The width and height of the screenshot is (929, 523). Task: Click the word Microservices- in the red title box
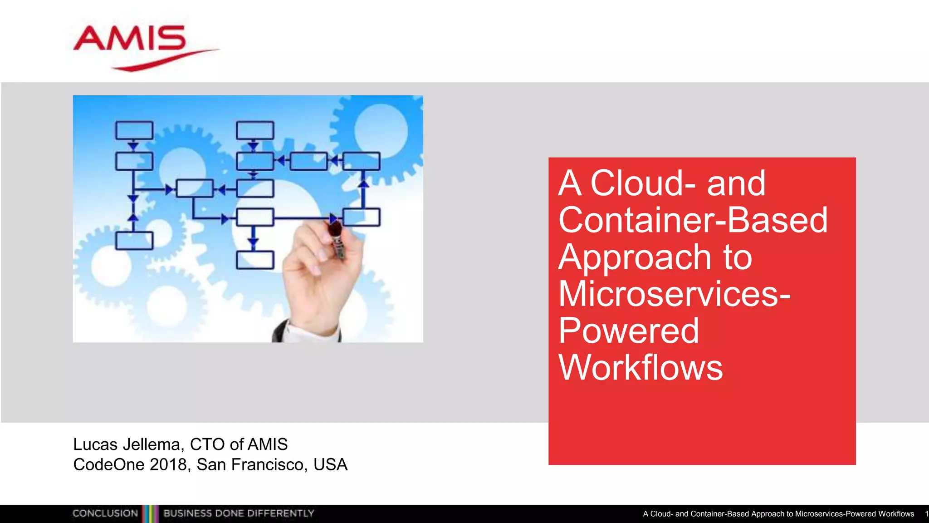tap(674, 294)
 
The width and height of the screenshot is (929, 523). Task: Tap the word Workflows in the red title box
tap(641, 368)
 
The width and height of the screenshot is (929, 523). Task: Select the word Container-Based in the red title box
tap(693, 220)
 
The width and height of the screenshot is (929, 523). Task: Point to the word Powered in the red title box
tap(629, 331)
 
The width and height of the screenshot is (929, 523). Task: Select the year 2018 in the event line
tap(168, 465)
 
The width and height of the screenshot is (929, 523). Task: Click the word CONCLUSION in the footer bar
tap(105, 513)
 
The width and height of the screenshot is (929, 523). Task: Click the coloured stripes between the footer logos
tap(151, 513)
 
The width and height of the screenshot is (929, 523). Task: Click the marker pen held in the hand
tap(337, 241)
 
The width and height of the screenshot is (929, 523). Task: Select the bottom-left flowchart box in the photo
tap(134, 241)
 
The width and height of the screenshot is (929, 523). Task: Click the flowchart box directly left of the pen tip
tap(255, 217)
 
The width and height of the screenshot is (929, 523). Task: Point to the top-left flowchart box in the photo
tap(134, 130)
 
